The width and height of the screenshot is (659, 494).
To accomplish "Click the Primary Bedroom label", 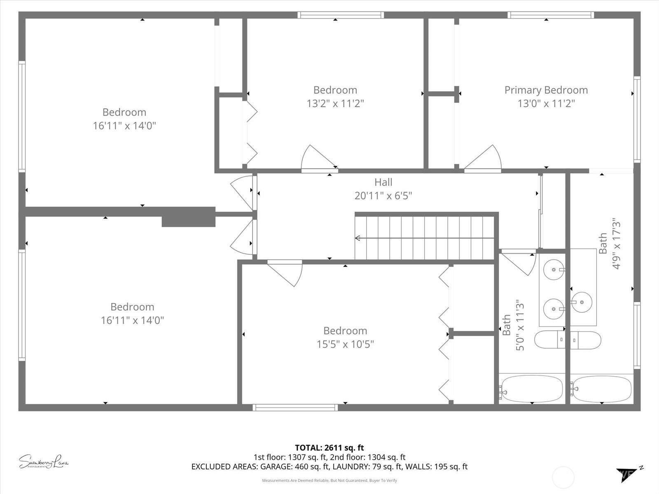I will pyautogui.click(x=546, y=90).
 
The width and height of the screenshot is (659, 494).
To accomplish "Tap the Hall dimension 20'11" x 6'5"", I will pyautogui.click(x=383, y=196).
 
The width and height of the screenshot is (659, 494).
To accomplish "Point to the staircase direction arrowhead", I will pyautogui.click(x=358, y=238).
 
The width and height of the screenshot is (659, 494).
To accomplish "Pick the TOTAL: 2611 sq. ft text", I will pyautogui.click(x=329, y=447).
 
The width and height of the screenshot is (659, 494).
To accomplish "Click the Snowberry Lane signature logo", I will pyautogui.click(x=43, y=461).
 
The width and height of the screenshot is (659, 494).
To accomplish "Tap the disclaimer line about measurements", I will pyautogui.click(x=329, y=480).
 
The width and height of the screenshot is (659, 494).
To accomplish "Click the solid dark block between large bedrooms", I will pyautogui.click(x=188, y=217).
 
